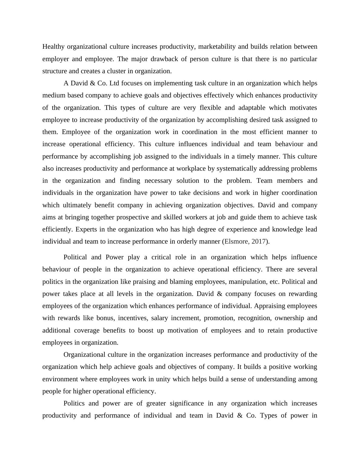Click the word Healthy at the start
(54, 47)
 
